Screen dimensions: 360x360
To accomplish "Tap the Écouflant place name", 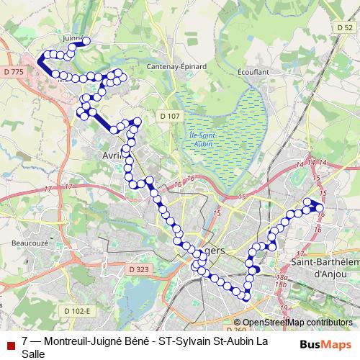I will point(253,72).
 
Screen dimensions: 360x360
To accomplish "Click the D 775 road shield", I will point(14,72).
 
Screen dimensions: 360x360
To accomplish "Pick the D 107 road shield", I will point(171,115).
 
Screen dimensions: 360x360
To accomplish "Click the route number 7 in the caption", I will point(25,341).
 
